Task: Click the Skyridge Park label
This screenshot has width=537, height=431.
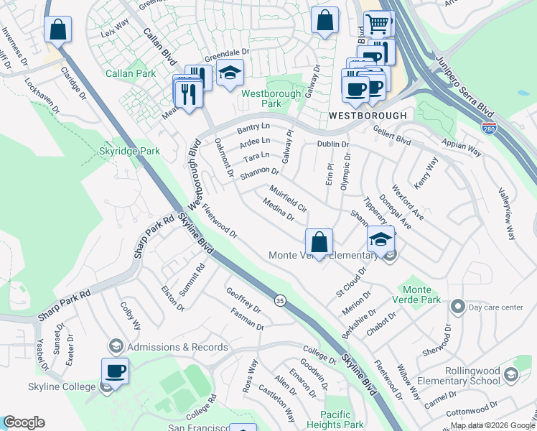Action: point(129,152)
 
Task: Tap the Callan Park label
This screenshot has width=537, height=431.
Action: point(131,73)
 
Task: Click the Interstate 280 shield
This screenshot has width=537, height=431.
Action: point(489,128)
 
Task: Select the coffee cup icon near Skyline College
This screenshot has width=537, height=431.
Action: point(115,371)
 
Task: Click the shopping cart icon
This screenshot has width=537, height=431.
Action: point(377,24)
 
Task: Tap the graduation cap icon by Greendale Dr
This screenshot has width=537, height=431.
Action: point(230,73)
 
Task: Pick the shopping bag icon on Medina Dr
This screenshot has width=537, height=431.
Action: point(319,241)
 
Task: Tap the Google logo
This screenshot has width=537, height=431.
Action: point(24,422)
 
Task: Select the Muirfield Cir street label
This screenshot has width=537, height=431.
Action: point(289,199)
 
